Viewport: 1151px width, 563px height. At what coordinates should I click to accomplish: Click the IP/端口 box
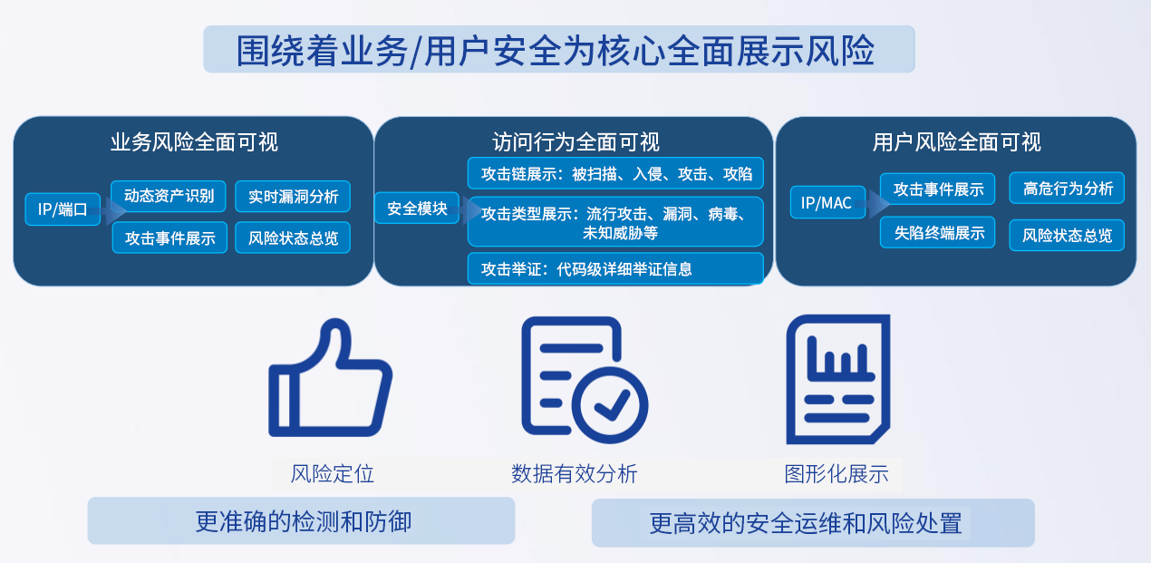coord(63,209)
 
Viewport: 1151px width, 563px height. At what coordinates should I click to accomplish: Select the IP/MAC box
coord(827,202)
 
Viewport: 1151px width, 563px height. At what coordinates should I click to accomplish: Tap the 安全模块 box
coord(417,209)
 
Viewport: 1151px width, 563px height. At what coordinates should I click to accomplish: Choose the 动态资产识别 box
coord(169,196)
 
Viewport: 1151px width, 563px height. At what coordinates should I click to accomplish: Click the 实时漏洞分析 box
coord(293,197)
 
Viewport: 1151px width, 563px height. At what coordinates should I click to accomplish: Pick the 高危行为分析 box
coord(1067,189)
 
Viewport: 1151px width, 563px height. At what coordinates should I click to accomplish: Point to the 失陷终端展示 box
coord(938,233)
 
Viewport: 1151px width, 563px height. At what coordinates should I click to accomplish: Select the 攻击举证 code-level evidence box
coord(615,268)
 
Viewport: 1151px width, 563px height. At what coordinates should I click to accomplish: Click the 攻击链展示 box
coord(615,173)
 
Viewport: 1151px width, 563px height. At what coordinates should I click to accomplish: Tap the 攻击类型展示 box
coord(615,222)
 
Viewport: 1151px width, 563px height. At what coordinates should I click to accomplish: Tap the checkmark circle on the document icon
coord(610,405)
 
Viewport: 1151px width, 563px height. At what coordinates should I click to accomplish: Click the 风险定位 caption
coord(332,473)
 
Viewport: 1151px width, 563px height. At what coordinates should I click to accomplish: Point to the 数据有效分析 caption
coord(575,473)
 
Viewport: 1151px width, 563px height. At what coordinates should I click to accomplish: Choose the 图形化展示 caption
coord(837,474)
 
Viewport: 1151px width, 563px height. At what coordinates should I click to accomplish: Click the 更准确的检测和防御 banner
coord(301,520)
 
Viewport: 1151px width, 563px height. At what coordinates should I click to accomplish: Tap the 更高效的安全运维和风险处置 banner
coord(813,523)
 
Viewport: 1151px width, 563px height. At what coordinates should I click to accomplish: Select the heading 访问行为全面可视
coord(575,142)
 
